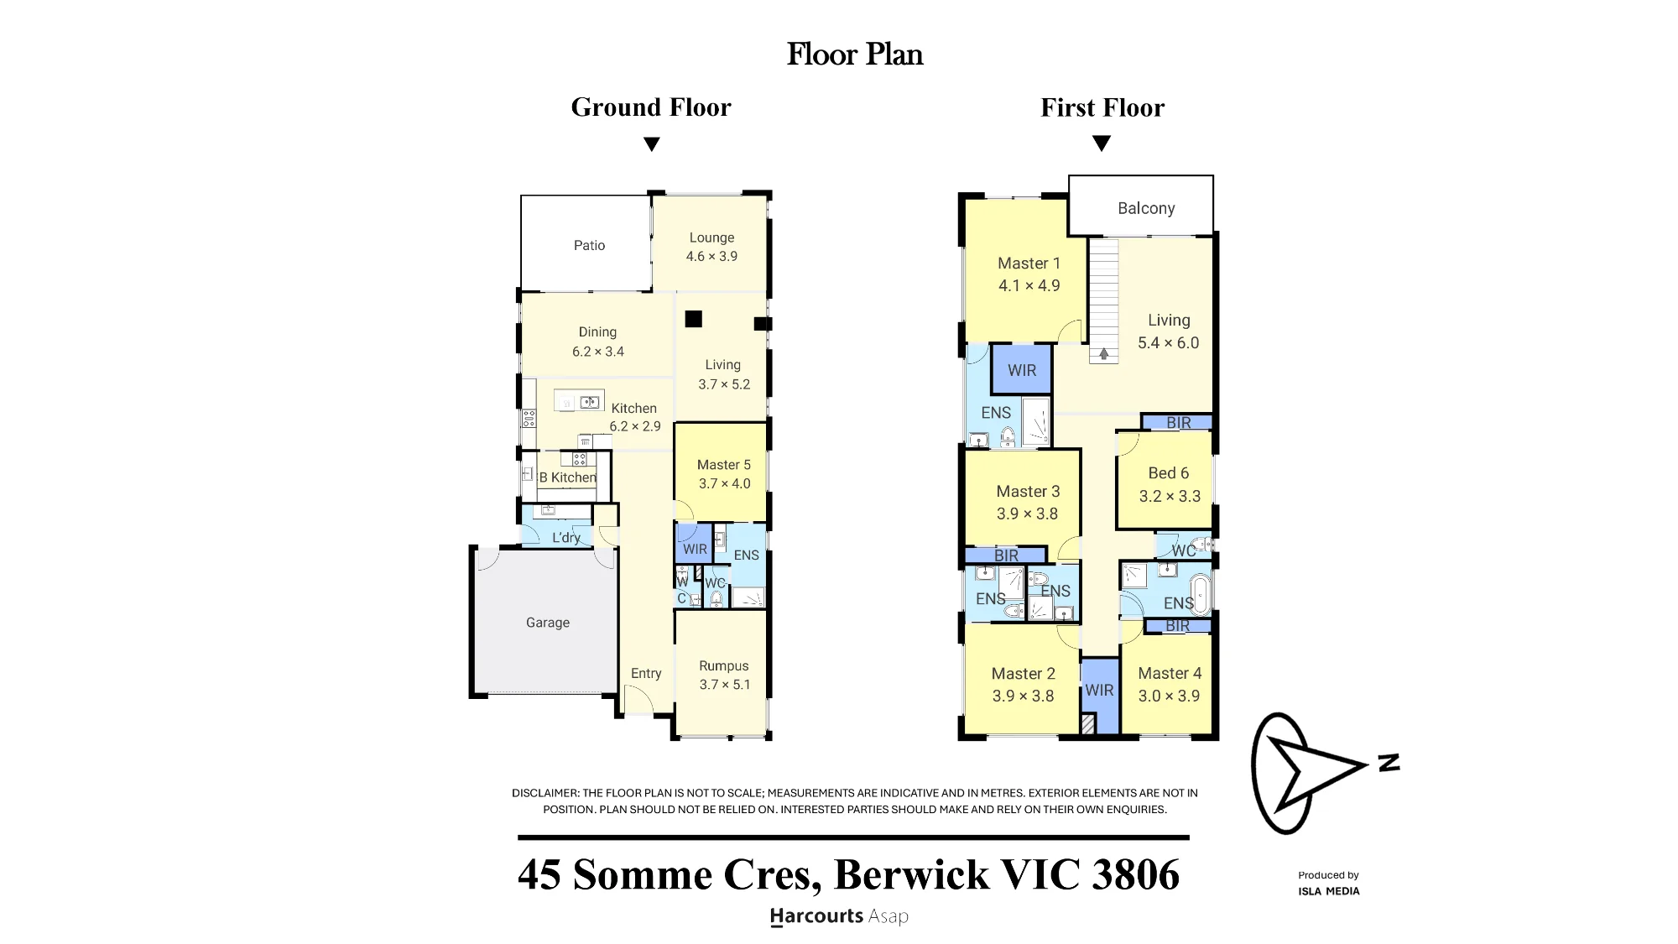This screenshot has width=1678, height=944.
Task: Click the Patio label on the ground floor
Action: pos(589,245)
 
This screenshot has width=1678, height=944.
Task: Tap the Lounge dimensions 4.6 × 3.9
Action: pos(711,257)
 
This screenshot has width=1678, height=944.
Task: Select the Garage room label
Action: pos(548,623)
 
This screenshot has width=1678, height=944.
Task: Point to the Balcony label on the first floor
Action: pos(1146,208)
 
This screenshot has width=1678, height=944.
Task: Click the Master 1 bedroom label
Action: pos(1029,263)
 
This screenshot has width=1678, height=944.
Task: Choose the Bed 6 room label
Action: pos(1169,473)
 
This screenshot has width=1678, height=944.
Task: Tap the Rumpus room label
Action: pos(724,666)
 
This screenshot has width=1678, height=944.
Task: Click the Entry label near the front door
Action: pos(646,674)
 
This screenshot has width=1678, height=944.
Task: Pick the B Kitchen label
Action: pos(567,477)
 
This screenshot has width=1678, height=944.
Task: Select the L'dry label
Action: pos(566,538)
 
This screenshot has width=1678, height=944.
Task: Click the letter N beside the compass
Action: pos(1389,763)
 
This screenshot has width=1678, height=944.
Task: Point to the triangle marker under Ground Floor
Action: pos(651,144)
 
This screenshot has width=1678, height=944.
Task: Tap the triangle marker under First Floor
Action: pos(1102,143)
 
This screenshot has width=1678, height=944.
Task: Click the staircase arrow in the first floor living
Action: pos(1104,354)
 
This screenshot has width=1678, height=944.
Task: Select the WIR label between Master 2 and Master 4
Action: pos(1099,690)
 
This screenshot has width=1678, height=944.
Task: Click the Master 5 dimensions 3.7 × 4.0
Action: pos(725,484)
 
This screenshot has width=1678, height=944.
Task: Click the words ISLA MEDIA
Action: pos(1329,891)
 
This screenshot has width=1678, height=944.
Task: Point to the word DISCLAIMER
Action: pos(545,793)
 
